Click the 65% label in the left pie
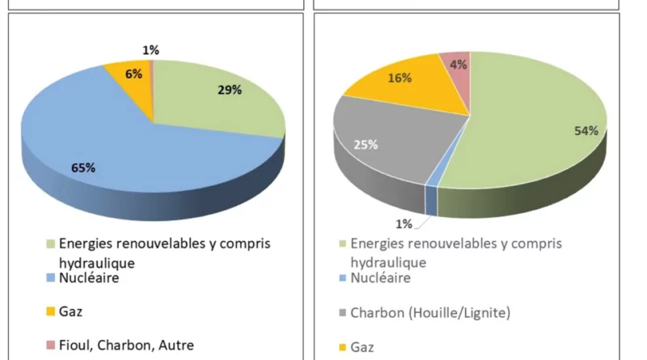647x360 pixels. (x=83, y=167)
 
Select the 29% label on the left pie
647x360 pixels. (x=229, y=90)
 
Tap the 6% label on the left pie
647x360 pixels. (x=133, y=74)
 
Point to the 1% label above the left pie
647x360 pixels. (x=150, y=50)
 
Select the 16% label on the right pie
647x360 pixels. (x=400, y=78)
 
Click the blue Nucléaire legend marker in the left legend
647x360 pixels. (x=51, y=278)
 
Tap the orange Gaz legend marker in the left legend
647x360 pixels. (x=51, y=311)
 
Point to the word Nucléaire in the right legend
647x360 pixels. (x=380, y=278)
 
